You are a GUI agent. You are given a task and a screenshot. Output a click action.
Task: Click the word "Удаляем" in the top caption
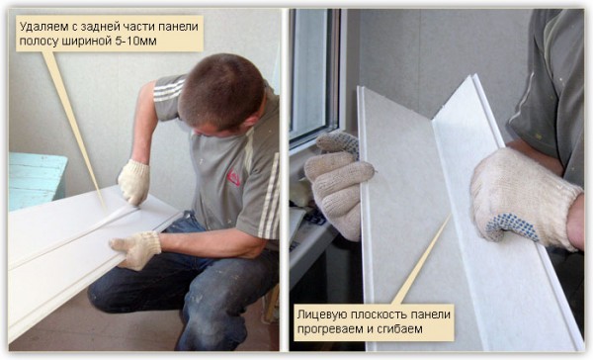[x=39, y=27]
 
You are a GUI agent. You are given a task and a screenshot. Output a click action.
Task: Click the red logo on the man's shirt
[x=233, y=177]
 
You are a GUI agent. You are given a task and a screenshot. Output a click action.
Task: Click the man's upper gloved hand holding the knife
[x=133, y=182]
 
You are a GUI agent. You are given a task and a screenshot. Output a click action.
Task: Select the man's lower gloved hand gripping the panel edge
[x=137, y=250]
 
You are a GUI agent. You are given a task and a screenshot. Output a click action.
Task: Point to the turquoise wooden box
[x=37, y=180]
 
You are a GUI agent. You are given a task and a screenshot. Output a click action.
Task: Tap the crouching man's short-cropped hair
[x=220, y=89]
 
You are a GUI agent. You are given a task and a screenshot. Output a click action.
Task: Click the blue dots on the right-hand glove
[x=512, y=225]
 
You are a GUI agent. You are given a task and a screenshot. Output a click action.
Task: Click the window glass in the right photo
[x=310, y=72]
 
